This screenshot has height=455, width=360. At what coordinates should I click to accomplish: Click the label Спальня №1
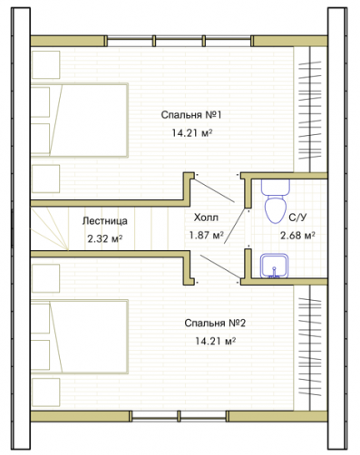point(191,115)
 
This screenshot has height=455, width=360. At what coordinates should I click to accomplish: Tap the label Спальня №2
point(215,324)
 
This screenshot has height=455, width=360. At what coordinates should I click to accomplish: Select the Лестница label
point(105,221)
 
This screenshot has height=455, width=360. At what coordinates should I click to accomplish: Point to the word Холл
point(206,218)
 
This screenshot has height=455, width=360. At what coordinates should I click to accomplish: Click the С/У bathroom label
point(297,218)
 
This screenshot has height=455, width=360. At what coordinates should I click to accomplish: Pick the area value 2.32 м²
point(105,239)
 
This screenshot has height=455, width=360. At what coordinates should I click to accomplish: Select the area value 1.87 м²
point(207,235)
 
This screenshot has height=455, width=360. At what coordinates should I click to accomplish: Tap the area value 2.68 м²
point(297,235)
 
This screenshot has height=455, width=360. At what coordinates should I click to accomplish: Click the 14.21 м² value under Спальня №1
point(191,132)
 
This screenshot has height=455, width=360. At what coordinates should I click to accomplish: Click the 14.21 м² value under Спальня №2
point(215,341)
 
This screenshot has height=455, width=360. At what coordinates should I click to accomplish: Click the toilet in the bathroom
point(276,201)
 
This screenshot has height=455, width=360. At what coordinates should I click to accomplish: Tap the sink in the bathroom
point(274,266)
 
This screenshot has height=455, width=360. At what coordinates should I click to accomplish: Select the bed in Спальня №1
point(80,121)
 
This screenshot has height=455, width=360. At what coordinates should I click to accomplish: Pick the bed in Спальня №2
point(80,336)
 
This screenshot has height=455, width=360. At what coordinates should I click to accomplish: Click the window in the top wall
point(179,41)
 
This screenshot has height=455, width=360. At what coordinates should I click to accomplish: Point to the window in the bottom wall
point(179,416)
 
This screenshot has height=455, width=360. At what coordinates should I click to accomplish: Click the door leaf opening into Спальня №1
point(214,190)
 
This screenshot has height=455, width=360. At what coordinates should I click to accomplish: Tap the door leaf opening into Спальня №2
point(219,266)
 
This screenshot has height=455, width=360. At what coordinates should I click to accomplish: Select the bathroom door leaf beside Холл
point(235,226)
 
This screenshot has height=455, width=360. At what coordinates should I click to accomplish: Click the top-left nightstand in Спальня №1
point(45,64)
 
